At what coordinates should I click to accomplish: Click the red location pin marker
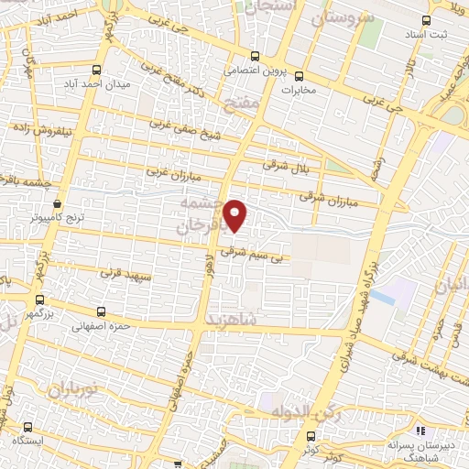pos(236,215)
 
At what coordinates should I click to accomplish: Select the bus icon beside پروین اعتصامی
pos(259,55)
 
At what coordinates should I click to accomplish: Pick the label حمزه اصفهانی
pos(105,325)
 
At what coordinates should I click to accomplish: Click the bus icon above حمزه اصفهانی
pos(102,311)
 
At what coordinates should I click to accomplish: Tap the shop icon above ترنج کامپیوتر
pos(58,203)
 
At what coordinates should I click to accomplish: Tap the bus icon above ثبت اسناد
pos(424,19)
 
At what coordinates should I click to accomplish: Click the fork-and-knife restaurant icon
pos(420,429)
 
